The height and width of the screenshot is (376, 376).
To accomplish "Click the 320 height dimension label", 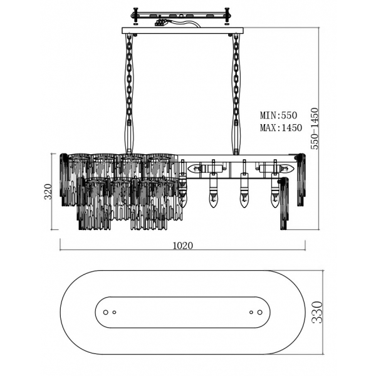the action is pyautogui.click(x=48, y=191).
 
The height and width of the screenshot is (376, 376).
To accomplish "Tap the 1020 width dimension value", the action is pyautogui.click(x=183, y=246).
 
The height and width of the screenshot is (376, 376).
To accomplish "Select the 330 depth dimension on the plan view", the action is pyautogui.click(x=317, y=312).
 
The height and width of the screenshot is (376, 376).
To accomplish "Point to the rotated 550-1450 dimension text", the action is pyautogui.click(x=315, y=128).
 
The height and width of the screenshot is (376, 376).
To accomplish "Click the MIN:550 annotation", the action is pyautogui.click(x=279, y=115).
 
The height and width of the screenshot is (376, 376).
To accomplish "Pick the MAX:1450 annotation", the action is pyautogui.click(x=281, y=128).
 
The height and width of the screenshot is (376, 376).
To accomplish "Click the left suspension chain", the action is pyautogui.click(x=129, y=94).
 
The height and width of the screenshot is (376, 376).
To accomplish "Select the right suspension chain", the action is pyautogui.click(x=236, y=94).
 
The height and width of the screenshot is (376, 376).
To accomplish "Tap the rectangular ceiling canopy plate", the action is pyautogui.click(x=183, y=31).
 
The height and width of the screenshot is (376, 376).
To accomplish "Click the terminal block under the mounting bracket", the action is pyautogui.click(x=161, y=23).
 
